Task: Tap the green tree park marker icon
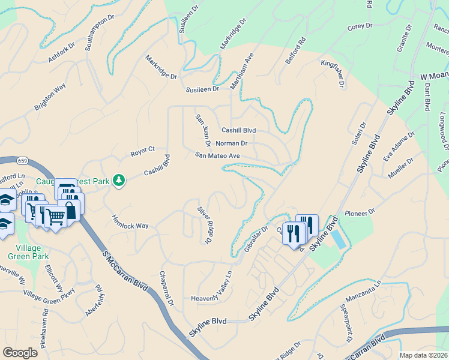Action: (119, 180)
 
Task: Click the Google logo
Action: (20, 353)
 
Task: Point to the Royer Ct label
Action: (143, 152)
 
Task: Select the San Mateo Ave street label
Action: (217, 155)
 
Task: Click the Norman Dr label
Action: (231, 143)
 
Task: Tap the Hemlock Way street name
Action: (130, 222)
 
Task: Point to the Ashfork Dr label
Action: (61, 53)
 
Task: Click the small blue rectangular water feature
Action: (338, 239)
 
